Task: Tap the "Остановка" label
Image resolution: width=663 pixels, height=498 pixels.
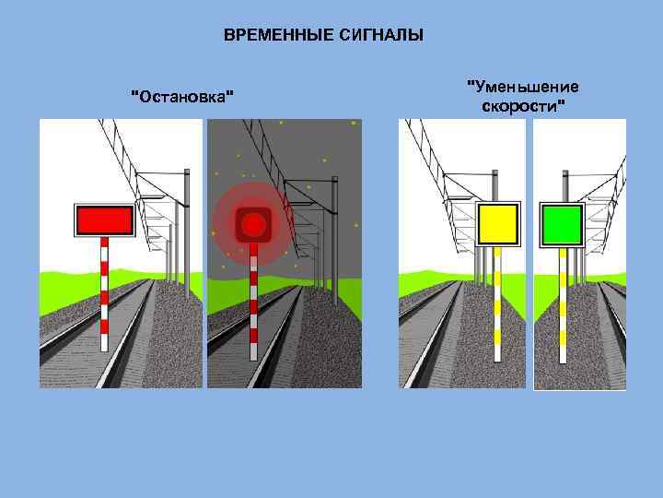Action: pyautogui.click(x=182, y=96)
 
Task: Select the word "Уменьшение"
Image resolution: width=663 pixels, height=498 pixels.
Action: pyautogui.click(x=524, y=87)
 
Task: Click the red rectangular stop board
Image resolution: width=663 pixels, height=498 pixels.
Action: pyautogui.click(x=104, y=219)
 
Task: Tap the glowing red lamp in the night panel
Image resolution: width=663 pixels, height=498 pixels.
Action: pyautogui.click(x=251, y=222)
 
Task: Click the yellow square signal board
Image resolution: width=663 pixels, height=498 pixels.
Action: pyautogui.click(x=499, y=224)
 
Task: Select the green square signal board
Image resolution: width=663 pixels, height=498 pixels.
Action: pyautogui.click(x=562, y=224)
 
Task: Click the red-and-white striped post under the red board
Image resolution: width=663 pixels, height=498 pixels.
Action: pyautogui.click(x=104, y=295)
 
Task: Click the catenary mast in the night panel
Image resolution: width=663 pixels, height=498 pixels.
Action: pyautogui.click(x=334, y=231)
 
